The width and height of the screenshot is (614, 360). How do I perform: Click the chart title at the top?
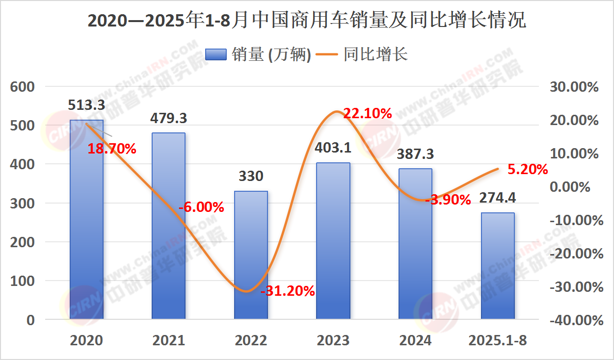pyautogui.click(x=307, y=21)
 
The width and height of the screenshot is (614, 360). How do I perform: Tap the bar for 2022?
pyautogui.click(x=251, y=255)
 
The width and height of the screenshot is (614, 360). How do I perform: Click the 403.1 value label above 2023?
pyautogui.click(x=333, y=147)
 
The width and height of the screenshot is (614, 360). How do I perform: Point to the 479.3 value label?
pyautogui.click(x=169, y=118)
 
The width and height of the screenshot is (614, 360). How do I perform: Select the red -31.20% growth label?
pyautogui.click(x=288, y=291)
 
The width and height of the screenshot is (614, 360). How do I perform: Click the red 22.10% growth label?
pyautogui.click(x=367, y=114)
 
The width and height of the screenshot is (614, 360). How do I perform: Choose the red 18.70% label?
pyautogui.click(x=112, y=149)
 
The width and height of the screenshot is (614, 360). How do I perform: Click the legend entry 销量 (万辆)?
pyautogui.click(x=258, y=55)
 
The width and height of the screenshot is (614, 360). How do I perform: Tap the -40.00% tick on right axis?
pyautogui.click(x=576, y=321)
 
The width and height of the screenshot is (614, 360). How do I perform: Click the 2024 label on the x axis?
pyautogui.click(x=415, y=340)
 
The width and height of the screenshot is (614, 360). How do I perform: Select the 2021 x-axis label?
pyautogui.click(x=169, y=340)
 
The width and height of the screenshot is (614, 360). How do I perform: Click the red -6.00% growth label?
pyautogui.click(x=201, y=207)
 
